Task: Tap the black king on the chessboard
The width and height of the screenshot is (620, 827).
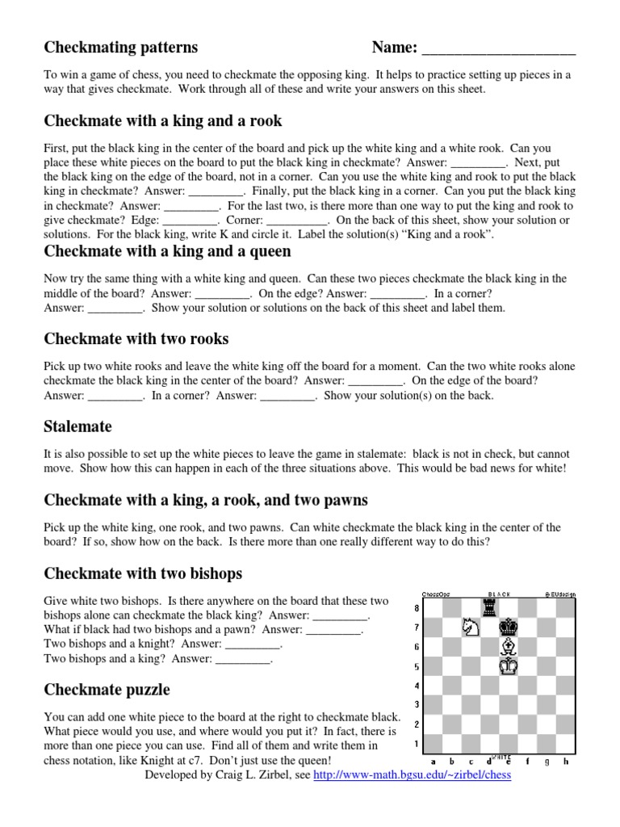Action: tap(509, 627)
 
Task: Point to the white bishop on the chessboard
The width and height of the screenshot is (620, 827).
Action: tap(509, 647)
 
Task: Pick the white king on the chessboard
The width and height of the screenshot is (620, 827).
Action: tap(509, 666)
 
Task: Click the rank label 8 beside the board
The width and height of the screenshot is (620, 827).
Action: tap(417, 608)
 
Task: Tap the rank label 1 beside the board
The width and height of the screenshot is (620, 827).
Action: tap(417, 744)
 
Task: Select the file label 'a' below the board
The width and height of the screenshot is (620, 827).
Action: tap(434, 761)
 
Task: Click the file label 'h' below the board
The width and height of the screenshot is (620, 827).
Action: tap(566, 761)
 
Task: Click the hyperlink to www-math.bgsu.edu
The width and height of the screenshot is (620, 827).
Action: tap(412, 775)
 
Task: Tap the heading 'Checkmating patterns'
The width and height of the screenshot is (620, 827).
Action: tap(120, 48)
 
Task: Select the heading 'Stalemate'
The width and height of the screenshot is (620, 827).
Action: tap(78, 426)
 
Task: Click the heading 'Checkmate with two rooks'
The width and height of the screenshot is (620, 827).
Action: tap(136, 338)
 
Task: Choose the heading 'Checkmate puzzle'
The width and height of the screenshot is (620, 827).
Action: tap(107, 691)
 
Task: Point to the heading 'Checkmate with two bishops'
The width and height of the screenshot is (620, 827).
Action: tap(143, 574)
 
